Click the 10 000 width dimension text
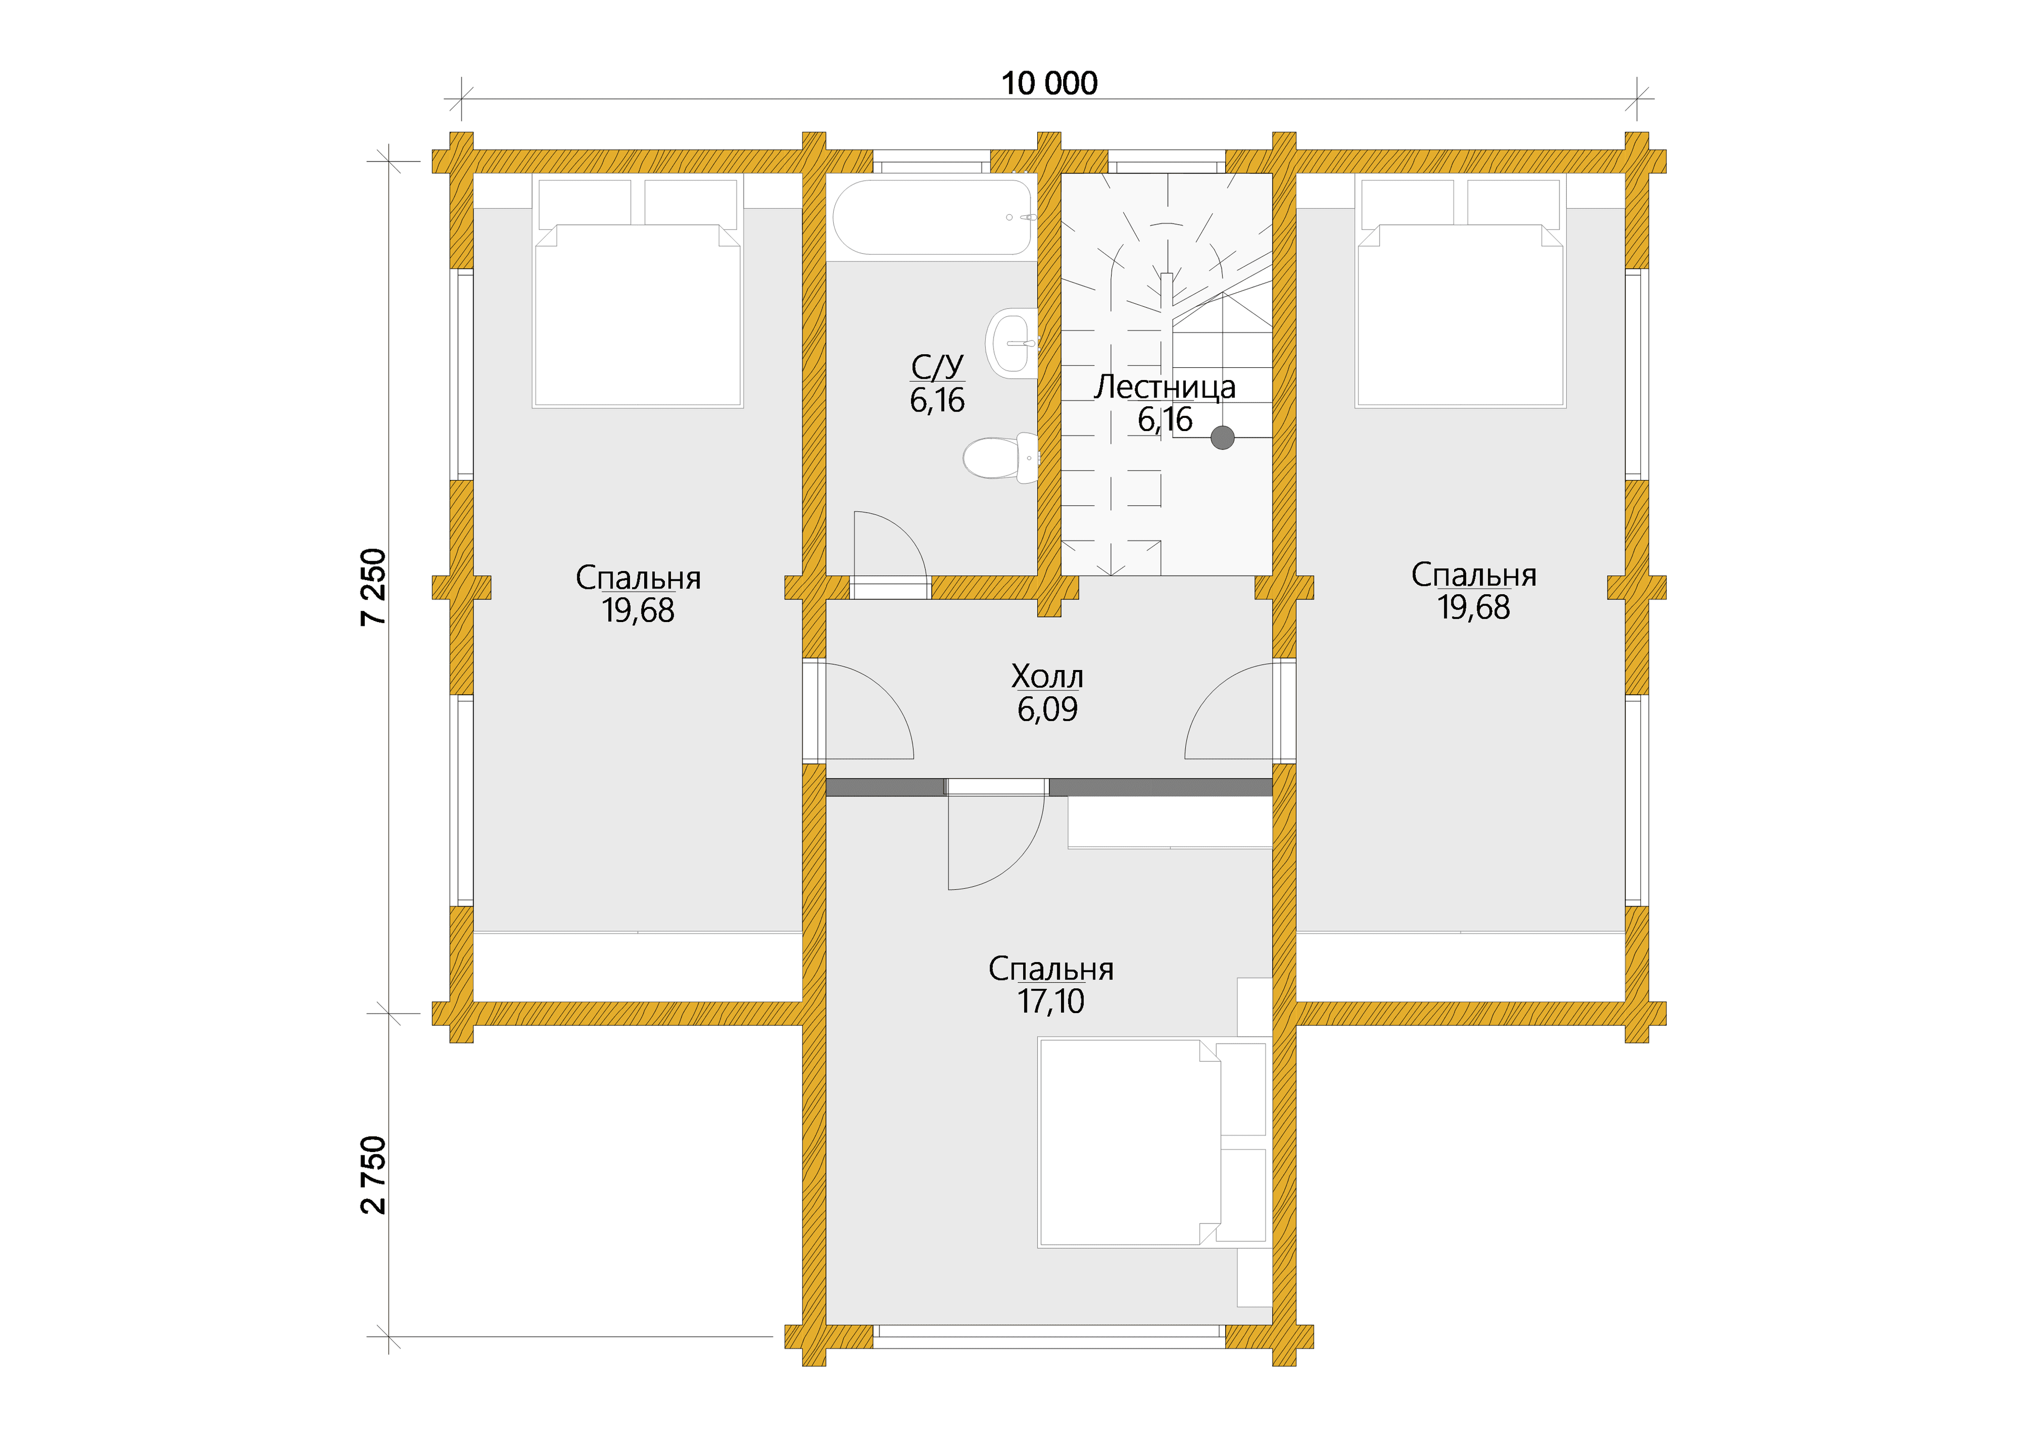pyautogui.click(x=1049, y=84)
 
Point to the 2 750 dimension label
pyautogui.click(x=374, y=1175)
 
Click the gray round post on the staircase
pyautogui.click(x=1222, y=437)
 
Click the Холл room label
pyautogui.click(x=1047, y=677)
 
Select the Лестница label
pyautogui.click(x=1165, y=388)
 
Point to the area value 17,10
pyautogui.click(x=1051, y=1002)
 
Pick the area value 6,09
pyautogui.click(x=1047, y=709)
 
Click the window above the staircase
pyautogui.click(x=1166, y=161)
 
